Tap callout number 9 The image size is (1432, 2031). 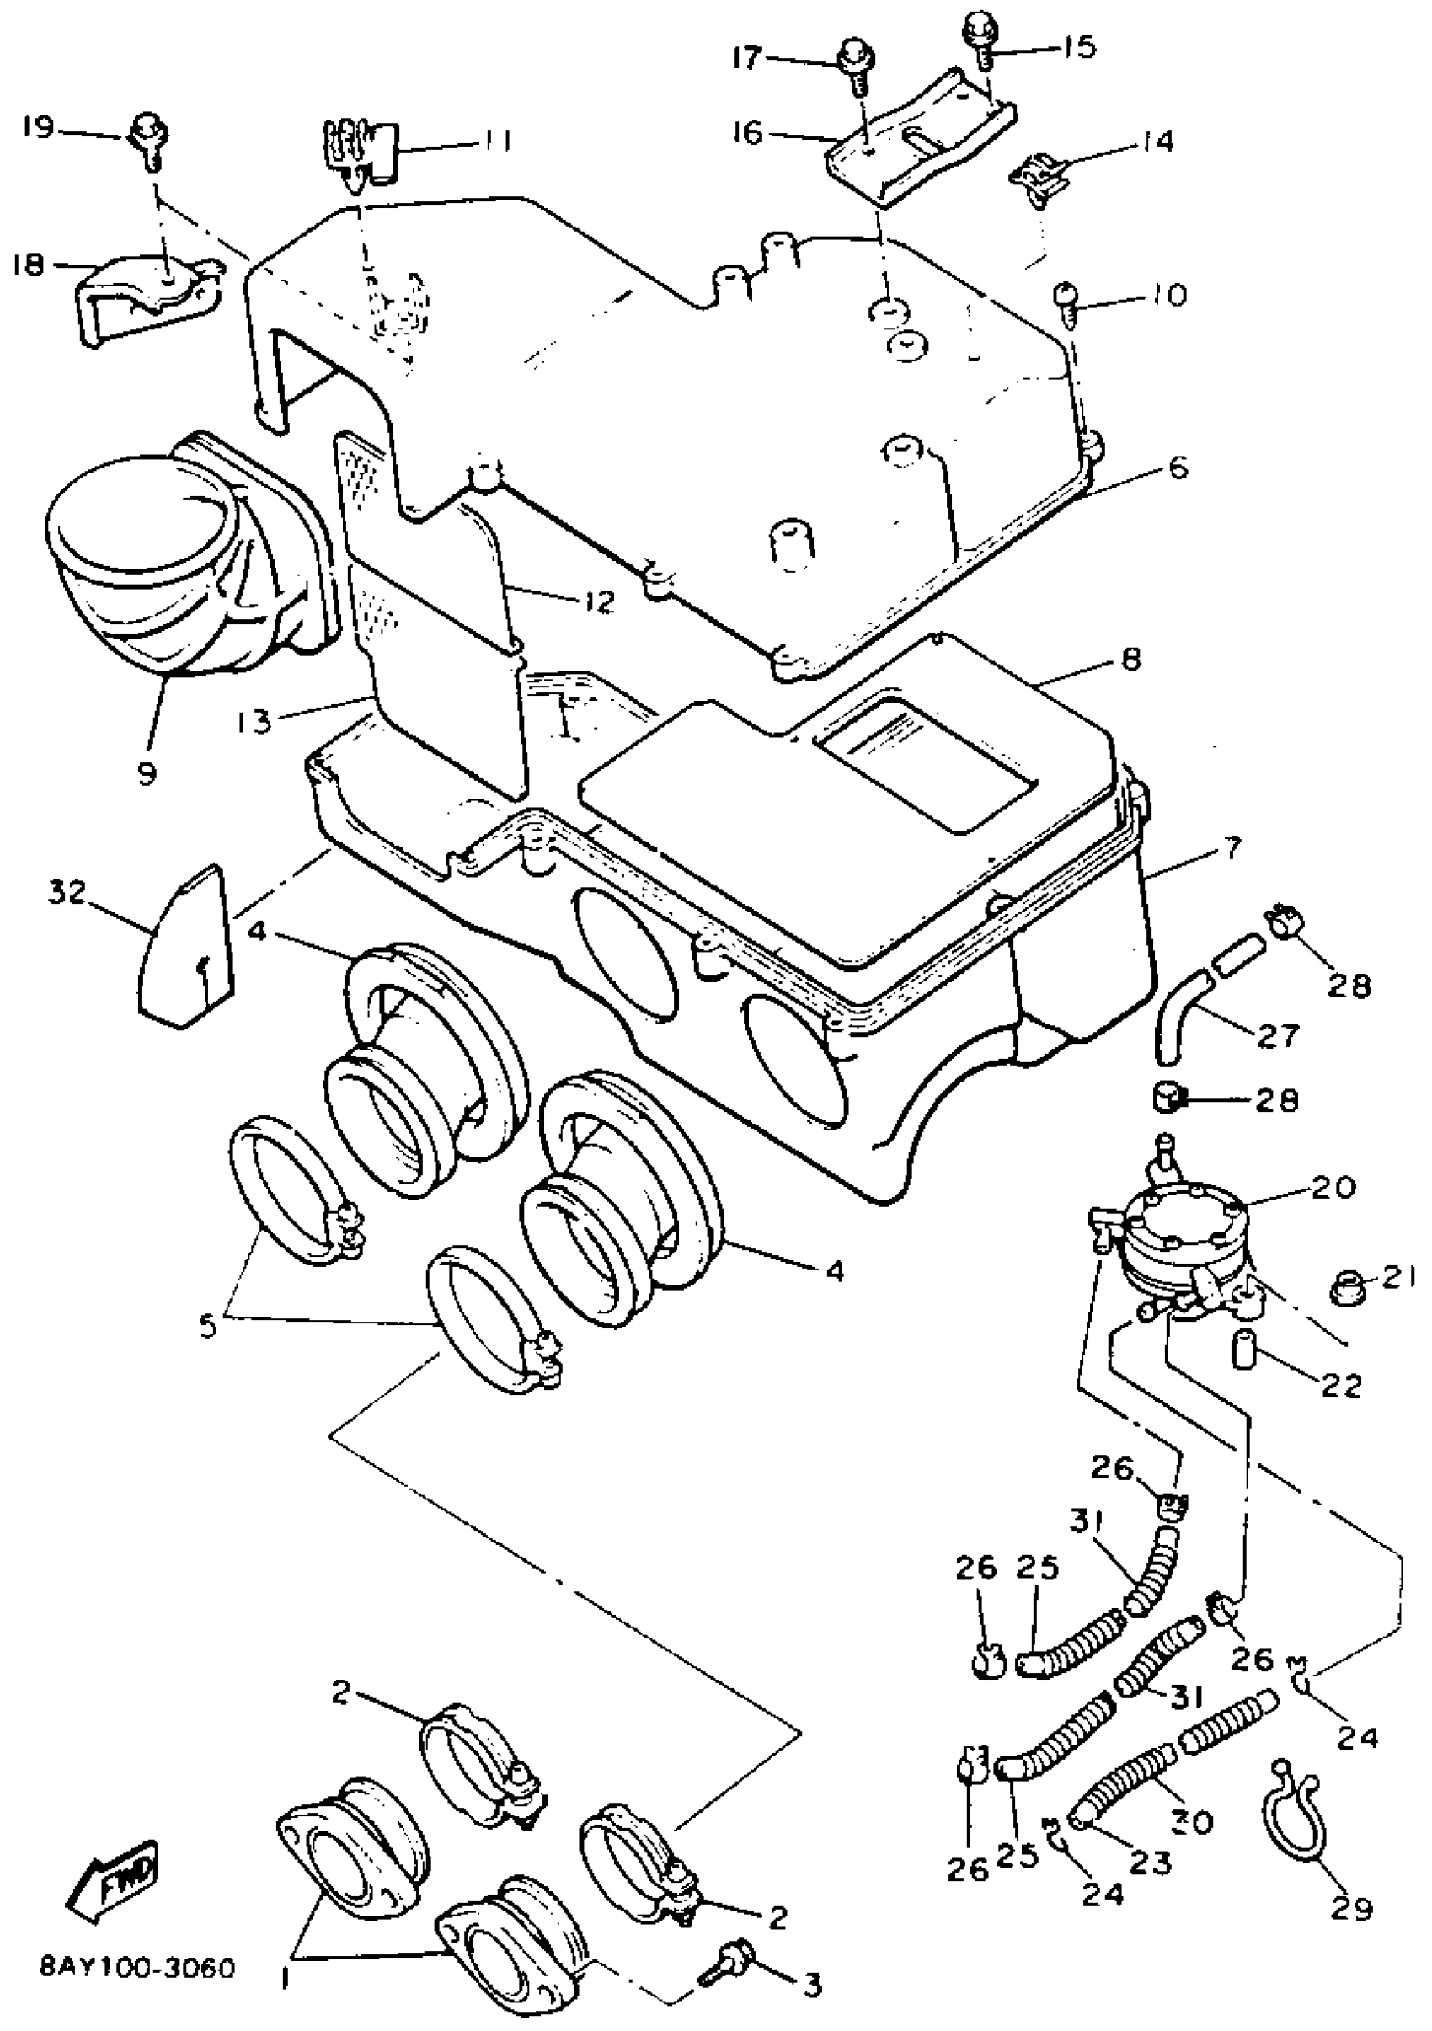pyautogui.click(x=147, y=772)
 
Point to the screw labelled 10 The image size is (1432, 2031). pyautogui.click(x=1065, y=302)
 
